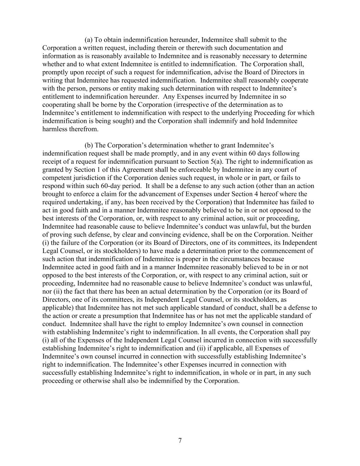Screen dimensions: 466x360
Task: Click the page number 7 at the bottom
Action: point(180,440)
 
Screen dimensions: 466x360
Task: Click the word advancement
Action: point(164,194)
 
